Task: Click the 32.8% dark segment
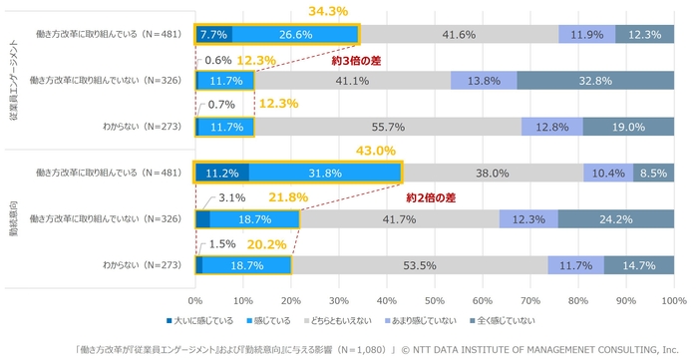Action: (x=595, y=81)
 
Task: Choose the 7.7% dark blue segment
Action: (x=214, y=35)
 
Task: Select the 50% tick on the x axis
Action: (x=435, y=299)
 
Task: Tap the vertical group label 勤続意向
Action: (x=10, y=217)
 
